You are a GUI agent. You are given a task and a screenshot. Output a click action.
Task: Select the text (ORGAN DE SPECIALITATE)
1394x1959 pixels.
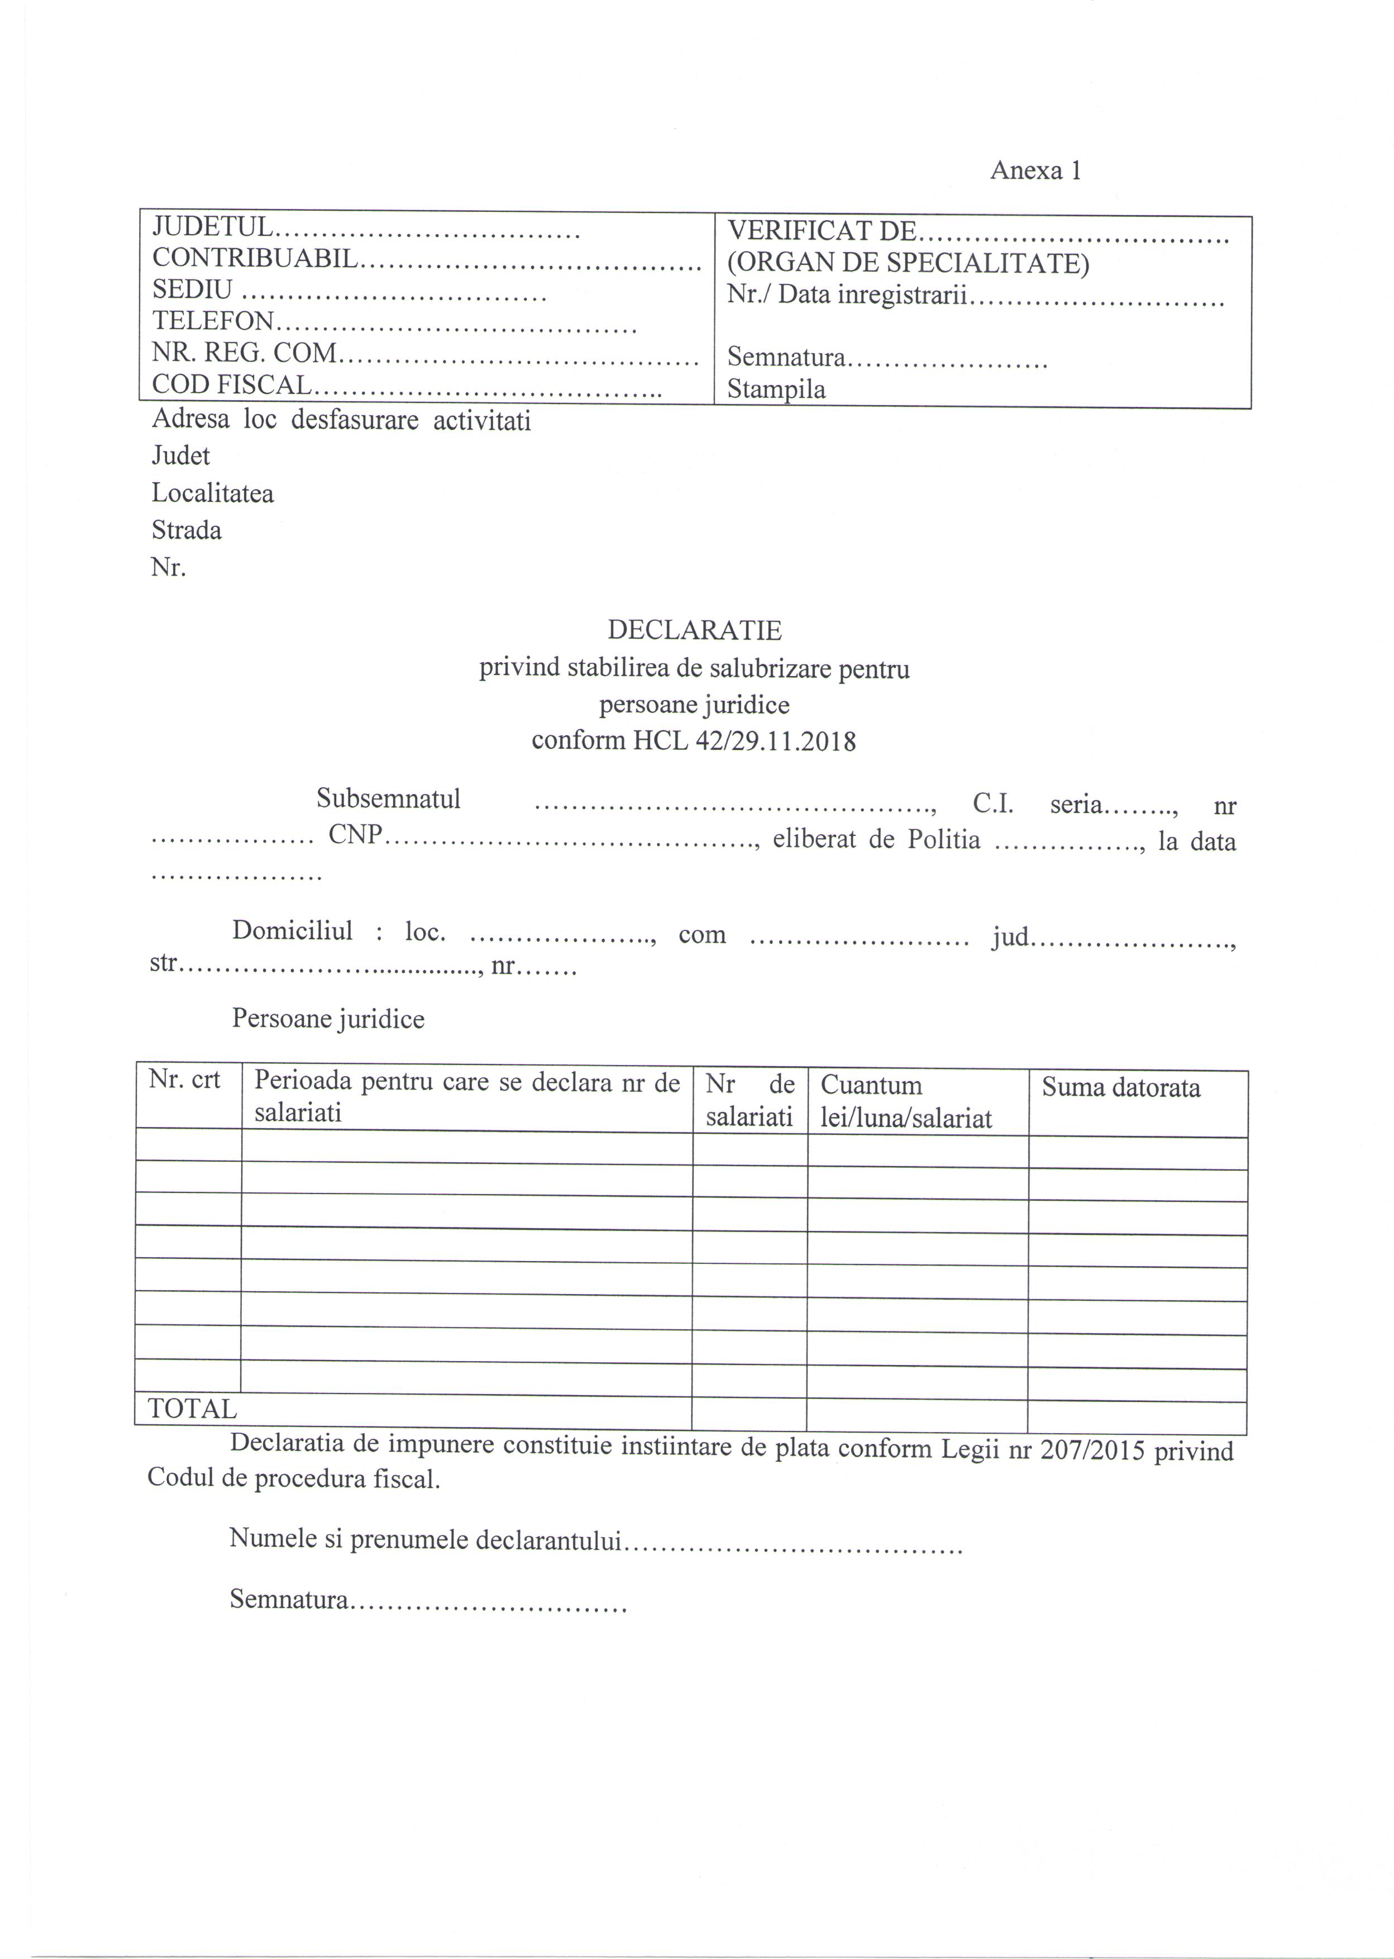[908, 263]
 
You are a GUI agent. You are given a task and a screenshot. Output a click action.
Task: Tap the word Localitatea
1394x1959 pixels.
[213, 493]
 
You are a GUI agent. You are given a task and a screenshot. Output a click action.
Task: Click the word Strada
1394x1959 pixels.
[187, 530]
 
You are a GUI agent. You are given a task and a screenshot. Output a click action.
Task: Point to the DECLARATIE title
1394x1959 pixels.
[694, 630]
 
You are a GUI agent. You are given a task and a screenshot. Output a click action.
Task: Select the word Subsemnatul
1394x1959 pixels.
[388, 798]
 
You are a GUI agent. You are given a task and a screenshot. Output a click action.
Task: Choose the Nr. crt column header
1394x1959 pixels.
[184, 1080]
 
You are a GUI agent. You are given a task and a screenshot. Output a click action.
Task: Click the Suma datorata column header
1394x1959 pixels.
[1121, 1087]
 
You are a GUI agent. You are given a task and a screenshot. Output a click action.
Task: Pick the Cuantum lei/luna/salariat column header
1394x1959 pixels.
[905, 1102]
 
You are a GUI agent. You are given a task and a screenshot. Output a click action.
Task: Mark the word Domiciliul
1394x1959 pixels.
[292, 931]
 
